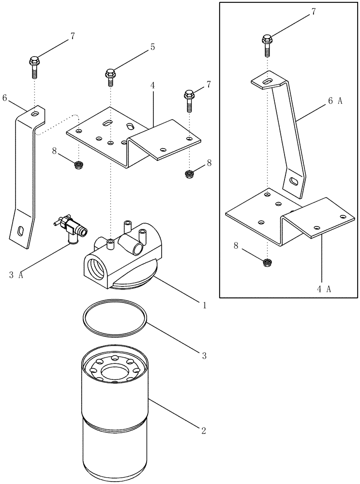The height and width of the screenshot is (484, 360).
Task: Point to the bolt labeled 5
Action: [x=110, y=76]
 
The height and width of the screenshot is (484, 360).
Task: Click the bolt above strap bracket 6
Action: [x=34, y=65]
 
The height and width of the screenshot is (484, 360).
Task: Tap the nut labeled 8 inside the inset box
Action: [x=266, y=263]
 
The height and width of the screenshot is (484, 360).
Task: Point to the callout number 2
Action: [x=204, y=430]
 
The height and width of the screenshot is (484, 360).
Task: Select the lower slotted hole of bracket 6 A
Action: [x=294, y=182]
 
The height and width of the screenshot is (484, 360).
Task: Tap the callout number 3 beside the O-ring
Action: [x=204, y=356]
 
